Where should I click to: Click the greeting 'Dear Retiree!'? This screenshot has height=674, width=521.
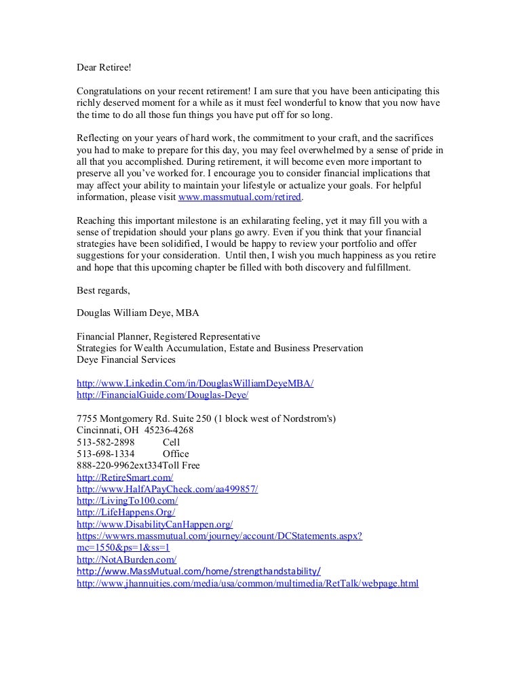[102, 68]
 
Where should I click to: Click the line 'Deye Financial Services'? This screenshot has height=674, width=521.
[127, 359]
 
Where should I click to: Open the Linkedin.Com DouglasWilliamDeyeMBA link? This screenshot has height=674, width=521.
[195, 382]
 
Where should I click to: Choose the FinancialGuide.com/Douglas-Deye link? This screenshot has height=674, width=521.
[168, 394]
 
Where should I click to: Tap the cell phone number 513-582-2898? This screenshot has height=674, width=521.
[106, 441]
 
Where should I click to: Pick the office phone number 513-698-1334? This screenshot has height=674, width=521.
[106, 454]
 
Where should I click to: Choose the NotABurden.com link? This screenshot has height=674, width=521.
[127, 559]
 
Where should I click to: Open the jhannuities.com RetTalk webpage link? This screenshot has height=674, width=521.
[248, 583]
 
